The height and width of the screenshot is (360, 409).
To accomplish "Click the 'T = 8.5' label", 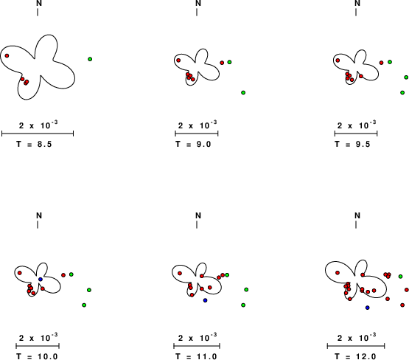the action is [x=34, y=144].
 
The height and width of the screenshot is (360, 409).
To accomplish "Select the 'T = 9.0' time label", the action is [x=193, y=144].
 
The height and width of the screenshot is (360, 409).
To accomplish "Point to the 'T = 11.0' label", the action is [x=196, y=356].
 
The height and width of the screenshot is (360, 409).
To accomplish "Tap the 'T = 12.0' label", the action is [x=355, y=356].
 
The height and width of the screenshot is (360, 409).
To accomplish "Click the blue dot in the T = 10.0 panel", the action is [x=41, y=280].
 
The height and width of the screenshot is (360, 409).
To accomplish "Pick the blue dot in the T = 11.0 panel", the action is [x=205, y=300].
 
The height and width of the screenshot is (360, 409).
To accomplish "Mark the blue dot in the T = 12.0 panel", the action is [x=368, y=308].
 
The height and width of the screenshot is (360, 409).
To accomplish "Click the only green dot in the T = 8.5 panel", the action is [x=90, y=59].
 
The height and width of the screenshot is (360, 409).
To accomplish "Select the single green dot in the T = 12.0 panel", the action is [x=401, y=277].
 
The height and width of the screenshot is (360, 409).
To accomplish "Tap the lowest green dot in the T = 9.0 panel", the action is [x=243, y=93].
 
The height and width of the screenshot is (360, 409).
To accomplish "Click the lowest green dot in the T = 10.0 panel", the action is [x=84, y=305].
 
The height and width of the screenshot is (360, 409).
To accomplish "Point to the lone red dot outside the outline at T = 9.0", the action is [x=222, y=63].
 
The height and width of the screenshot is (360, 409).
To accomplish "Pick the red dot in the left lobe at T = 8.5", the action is [x=7, y=55].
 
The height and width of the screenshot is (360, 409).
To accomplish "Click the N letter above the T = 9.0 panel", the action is [x=198, y=3].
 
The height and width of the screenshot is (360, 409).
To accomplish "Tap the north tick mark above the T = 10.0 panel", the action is [x=38, y=225].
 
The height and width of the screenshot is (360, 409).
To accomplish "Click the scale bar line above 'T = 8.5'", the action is [x=38, y=134].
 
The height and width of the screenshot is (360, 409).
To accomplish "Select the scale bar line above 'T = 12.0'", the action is [x=356, y=346].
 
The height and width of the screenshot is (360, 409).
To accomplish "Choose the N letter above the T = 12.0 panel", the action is [x=357, y=215].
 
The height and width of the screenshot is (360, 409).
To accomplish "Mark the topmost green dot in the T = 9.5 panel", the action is [x=390, y=62].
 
